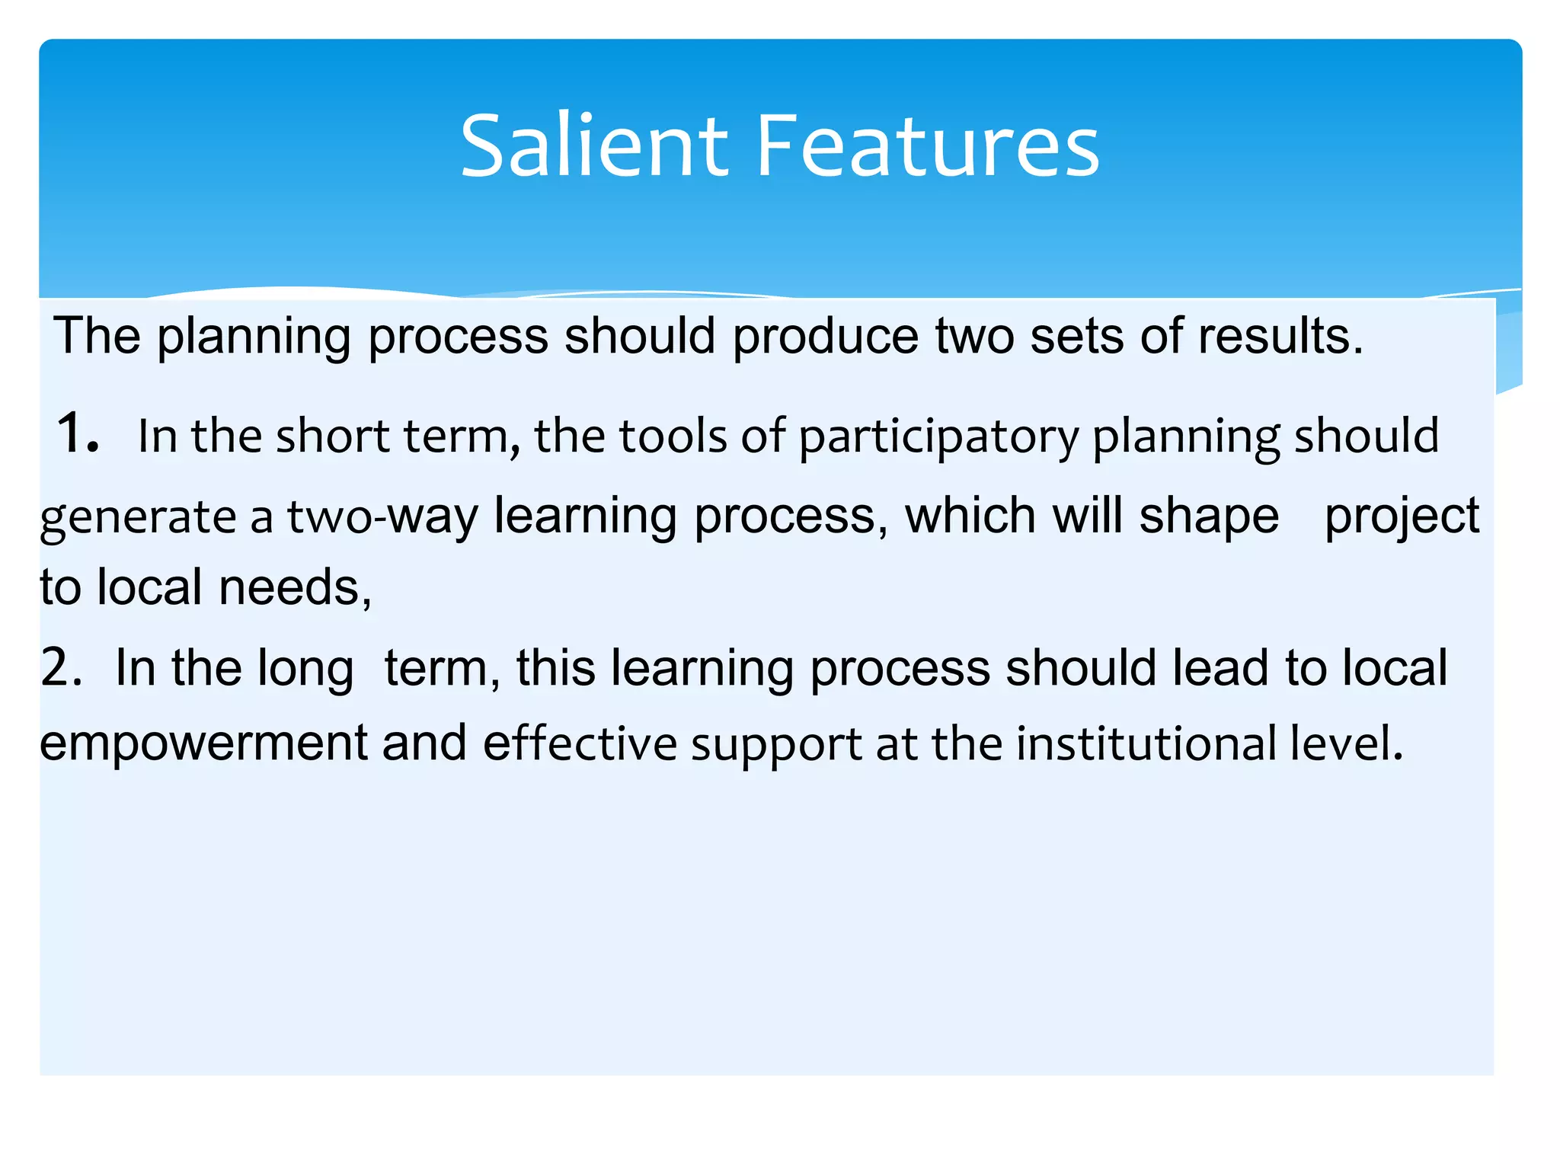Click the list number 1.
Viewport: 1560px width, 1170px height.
(77, 432)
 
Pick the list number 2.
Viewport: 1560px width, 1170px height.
(61, 667)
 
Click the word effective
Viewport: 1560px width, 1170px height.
(580, 743)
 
